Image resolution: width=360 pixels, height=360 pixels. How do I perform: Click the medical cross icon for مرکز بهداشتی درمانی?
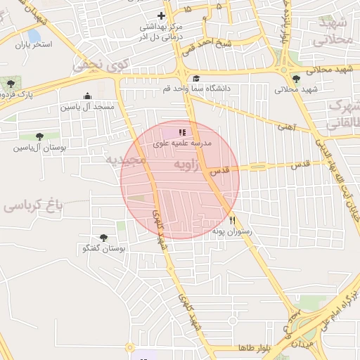[161, 15]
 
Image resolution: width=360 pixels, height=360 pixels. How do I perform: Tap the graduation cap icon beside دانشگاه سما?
[196, 79]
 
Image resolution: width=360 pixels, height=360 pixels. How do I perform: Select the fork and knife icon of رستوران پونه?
[232, 220]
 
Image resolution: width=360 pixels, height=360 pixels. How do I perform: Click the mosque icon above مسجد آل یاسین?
[87, 96]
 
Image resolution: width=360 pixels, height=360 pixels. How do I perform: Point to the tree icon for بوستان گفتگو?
[104, 238]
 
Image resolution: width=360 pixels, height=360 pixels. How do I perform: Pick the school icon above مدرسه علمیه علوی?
[182, 131]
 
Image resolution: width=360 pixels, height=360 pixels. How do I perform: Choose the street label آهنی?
[288, 127]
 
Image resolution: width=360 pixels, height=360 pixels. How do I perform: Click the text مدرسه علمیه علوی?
[186, 142]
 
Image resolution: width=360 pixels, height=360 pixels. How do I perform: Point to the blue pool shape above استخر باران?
[34, 34]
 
